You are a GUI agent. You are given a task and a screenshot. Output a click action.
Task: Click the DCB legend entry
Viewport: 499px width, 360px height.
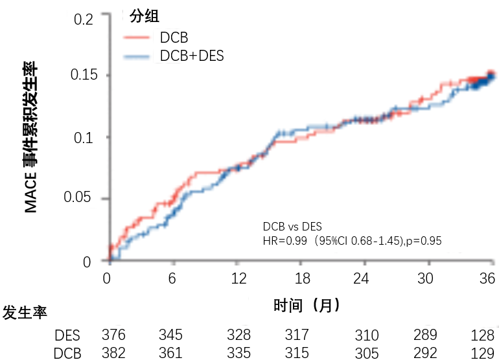coord(175,38)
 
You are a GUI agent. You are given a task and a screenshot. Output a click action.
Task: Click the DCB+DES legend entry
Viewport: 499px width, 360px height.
coord(192,56)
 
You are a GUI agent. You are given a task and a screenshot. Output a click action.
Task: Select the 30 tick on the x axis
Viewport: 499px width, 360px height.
coord(425,279)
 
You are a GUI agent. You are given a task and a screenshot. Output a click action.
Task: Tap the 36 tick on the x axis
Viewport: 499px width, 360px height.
coord(487,279)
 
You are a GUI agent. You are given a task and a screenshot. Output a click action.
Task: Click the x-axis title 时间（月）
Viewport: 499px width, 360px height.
coord(307,305)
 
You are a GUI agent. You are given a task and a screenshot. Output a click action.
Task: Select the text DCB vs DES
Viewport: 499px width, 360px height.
coord(293,227)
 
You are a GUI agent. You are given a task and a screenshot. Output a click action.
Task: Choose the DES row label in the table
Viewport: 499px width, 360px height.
coord(67,335)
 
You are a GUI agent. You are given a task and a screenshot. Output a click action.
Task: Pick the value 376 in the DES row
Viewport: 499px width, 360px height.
coord(113,335)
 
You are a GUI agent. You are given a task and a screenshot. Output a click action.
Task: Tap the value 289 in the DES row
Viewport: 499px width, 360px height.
coord(424,335)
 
